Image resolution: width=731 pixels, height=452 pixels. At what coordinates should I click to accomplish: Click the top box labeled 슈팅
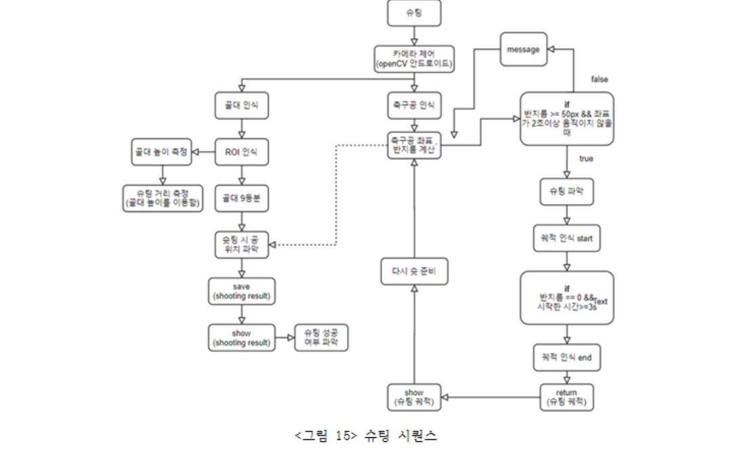[414, 14]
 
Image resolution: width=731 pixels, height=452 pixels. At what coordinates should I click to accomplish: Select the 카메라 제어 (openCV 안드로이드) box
[414, 60]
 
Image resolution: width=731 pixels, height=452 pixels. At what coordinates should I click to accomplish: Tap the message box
[523, 50]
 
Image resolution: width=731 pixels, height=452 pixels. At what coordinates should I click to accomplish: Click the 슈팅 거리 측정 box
[162, 199]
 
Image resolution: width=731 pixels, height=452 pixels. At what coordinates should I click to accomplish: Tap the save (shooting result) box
[241, 291]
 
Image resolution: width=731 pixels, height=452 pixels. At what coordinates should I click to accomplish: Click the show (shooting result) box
[241, 337]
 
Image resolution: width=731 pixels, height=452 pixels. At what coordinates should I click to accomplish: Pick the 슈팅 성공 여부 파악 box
[321, 337]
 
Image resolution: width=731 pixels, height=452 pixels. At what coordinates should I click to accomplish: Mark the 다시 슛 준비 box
[414, 273]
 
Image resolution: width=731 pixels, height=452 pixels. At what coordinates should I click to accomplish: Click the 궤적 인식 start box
[567, 239]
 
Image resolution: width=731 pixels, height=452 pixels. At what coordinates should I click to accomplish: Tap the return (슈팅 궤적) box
[567, 398]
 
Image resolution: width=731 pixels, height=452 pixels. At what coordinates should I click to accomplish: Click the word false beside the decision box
[599, 79]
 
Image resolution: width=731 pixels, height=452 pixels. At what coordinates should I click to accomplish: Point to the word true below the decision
[587, 158]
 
